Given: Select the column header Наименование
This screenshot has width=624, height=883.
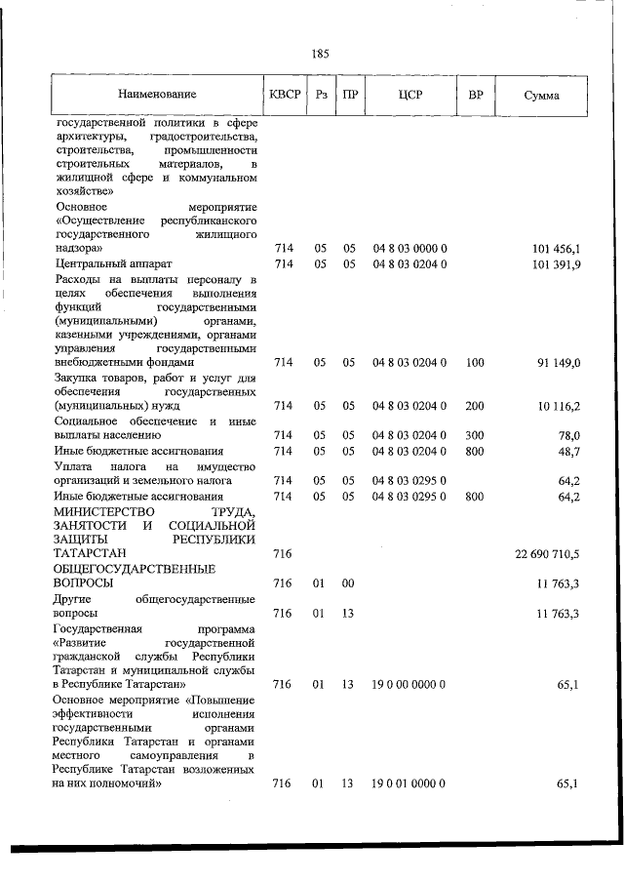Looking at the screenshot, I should (x=157, y=96).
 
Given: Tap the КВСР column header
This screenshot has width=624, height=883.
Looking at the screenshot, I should (x=284, y=96).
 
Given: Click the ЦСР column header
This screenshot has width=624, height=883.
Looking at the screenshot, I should (x=409, y=96).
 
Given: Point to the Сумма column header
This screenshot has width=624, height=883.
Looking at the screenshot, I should (x=541, y=96).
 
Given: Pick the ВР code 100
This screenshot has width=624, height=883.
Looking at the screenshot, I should (x=475, y=363).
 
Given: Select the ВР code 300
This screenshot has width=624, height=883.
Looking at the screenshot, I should (x=475, y=435).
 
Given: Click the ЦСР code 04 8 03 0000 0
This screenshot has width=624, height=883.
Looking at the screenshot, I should (x=409, y=250).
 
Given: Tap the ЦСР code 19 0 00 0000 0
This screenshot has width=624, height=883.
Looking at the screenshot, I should (x=409, y=685).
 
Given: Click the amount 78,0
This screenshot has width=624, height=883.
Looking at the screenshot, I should (x=568, y=435).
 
